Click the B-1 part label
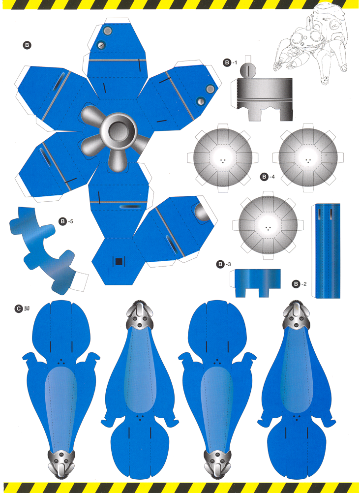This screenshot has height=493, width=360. tap(230, 62)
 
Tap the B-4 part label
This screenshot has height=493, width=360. tap(268, 177)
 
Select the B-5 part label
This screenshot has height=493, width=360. tap(66, 221)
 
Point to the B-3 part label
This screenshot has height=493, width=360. tap(224, 264)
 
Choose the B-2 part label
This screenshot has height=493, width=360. tap(300, 284)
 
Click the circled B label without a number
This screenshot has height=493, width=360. tap(27, 45)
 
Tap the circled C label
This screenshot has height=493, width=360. tap(18, 309)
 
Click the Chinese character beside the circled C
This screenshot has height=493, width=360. tap(27, 309)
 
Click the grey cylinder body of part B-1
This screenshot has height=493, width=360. tap(265, 99)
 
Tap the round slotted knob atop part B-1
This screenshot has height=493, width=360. tap(248, 69)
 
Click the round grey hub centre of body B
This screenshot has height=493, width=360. tap(118, 131)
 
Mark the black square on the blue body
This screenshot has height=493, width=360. tap(119, 261)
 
